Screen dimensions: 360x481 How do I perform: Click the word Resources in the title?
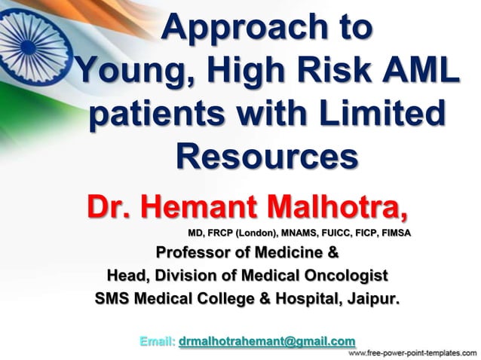pyautogui.click(x=266, y=157)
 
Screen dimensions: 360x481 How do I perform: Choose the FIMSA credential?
pyautogui.click(x=393, y=233)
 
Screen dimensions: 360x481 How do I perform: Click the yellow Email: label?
pyautogui.click(x=158, y=341)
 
